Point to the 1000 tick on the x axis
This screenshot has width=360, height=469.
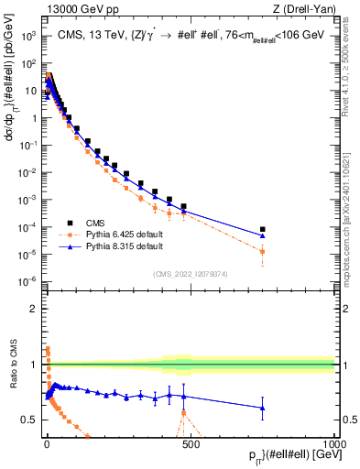(334, 442)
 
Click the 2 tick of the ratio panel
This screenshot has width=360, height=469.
(33, 309)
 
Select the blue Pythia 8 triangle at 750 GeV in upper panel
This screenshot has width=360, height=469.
(263, 235)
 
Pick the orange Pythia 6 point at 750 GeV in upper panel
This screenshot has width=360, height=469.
(263, 251)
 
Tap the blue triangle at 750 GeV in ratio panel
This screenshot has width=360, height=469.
(263, 408)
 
